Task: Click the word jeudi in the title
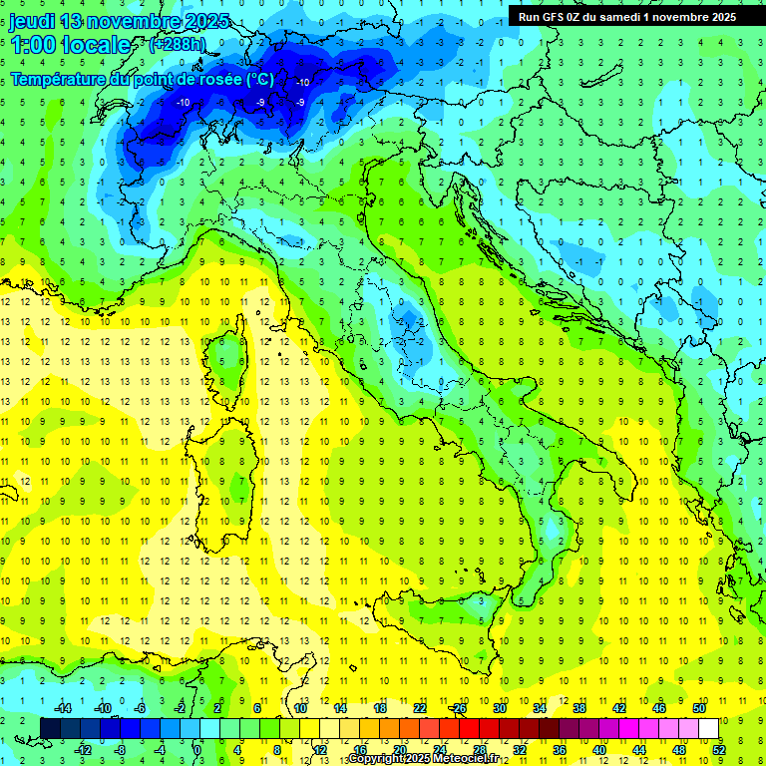click(x=32, y=21)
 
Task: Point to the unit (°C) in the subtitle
click(x=259, y=79)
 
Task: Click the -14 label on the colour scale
click(x=61, y=708)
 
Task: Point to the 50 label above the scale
click(x=698, y=708)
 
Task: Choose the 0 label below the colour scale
click(x=197, y=749)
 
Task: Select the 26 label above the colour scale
click(x=459, y=708)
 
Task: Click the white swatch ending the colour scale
click(x=709, y=728)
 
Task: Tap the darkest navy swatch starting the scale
click(x=51, y=728)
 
